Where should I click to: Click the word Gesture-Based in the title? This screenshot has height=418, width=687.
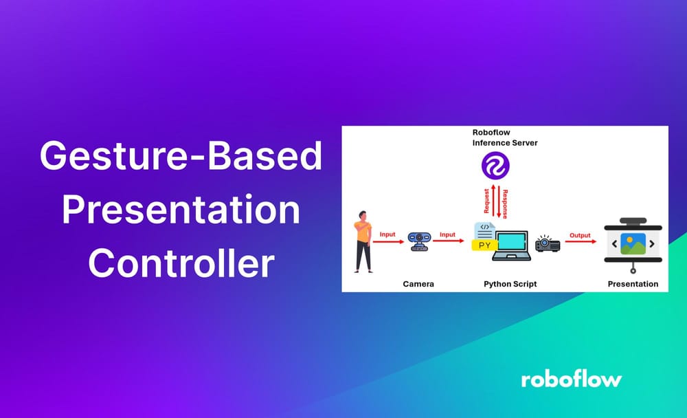coord(180,157)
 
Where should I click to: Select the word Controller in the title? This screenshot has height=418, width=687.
coord(181,263)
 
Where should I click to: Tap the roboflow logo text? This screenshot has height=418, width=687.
coord(571,379)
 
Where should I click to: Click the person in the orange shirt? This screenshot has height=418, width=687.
coord(362,242)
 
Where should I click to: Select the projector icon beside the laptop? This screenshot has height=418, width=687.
coord(548,243)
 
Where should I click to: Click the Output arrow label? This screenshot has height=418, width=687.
coord(581,235)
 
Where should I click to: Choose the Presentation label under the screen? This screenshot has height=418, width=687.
coord(633,283)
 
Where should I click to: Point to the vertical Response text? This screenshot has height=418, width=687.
coord(505,203)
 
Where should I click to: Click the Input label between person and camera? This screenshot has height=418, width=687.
coord(388,234)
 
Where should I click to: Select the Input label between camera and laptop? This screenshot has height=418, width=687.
coord(447,234)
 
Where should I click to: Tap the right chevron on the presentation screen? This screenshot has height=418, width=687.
coord(651,244)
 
